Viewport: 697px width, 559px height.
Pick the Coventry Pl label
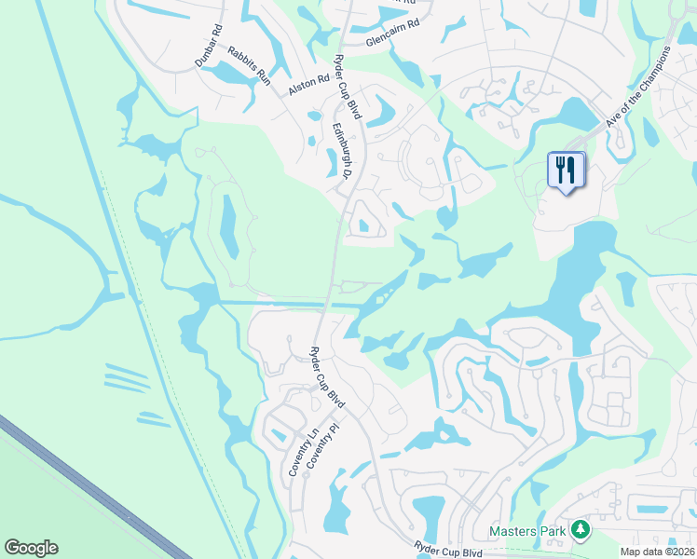point(323,448)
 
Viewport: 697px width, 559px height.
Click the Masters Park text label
point(528,532)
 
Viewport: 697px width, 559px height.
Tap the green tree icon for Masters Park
point(581,530)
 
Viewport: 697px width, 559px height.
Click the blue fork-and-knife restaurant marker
point(565,170)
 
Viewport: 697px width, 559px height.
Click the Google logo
point(31,548)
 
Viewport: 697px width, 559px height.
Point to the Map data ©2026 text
point(656,552)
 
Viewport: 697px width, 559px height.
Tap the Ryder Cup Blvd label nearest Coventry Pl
point(327,377)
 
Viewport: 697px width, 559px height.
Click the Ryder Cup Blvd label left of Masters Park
point(448,551)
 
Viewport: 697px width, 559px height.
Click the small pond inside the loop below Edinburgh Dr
point(363,225)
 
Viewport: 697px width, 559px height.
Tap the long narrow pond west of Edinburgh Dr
point(227,225)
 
